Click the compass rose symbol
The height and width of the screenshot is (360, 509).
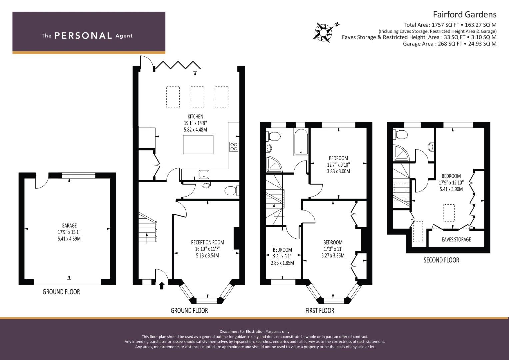point(323,33)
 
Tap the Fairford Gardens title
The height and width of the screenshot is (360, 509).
point(464,15)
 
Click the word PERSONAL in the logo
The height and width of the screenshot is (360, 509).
point(83,36)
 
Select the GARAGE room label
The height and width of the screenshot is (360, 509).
point(69,225)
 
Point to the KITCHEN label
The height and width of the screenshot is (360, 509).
point(195,117)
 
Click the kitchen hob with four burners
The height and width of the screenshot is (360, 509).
point(234,146)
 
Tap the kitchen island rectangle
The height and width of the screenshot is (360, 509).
point(198,145)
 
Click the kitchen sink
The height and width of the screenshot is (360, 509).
point(204,174)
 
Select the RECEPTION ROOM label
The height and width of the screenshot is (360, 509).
point(207,243)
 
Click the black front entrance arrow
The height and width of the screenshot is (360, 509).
point(162,285)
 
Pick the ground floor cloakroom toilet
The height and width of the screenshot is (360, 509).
point(232,191)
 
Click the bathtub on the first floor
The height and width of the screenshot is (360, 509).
point(301,142)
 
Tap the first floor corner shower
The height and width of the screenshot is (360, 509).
point(274,164)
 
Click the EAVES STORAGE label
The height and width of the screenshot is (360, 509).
point(456,240)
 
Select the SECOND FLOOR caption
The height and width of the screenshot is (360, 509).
point(441,260)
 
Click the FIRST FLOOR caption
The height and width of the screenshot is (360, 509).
point(320,310)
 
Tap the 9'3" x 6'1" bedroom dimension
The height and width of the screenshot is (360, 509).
point(282,256)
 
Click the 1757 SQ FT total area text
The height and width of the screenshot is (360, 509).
point(445,25)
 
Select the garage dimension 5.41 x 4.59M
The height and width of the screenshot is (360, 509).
point(69,239)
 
